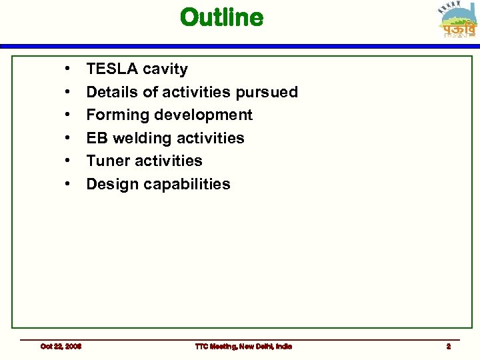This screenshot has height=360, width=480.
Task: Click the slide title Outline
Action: (x=221, y=18)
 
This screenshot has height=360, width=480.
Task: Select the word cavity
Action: (x=167, y=69)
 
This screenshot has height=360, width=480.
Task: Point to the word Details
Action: (x=112, y=92)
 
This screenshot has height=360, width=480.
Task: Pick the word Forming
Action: (x=118, y=115)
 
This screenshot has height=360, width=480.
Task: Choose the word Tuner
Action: (x=109, y=161)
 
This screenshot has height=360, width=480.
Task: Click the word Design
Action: (x=112, y=184)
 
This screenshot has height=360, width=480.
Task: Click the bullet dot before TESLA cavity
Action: (x=68, y=69)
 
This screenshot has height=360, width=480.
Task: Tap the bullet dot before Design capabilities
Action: (x=68, y=184)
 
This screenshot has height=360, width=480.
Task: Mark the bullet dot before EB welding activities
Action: (x=68, y=138)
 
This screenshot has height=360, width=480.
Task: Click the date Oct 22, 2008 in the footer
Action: (x=61, y=346)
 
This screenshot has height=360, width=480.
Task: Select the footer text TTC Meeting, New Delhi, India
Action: (x=243, y=346)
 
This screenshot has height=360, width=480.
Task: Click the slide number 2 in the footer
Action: (x=449, y=346)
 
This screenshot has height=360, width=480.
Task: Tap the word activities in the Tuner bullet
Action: (x=171, y=161)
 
